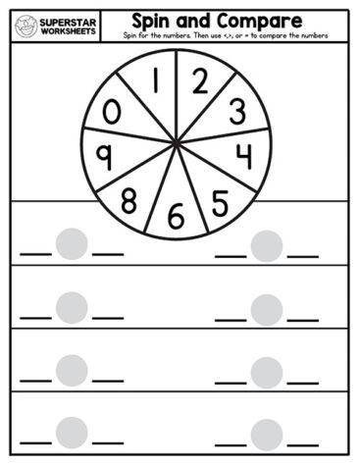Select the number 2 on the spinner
point(200,83)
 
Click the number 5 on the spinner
point(220,200)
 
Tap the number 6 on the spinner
point(177,216)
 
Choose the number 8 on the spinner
point(129,202)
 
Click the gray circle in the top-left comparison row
point(72,243)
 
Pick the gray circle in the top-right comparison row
point(266,245)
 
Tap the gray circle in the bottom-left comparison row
point(72,432)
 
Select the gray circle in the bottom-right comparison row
point(266,434)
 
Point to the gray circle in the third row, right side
point(266,372)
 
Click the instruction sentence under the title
point(226,35)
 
